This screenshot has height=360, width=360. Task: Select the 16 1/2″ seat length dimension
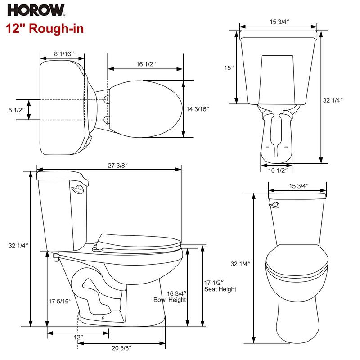tap(146, 64)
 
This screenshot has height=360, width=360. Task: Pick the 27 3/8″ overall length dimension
tap(118, 166)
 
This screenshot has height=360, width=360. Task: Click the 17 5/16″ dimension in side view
tap(59, 301)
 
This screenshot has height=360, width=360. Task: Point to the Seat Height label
tap(220, 289)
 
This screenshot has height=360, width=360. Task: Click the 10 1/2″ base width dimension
tap(276, 170)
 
